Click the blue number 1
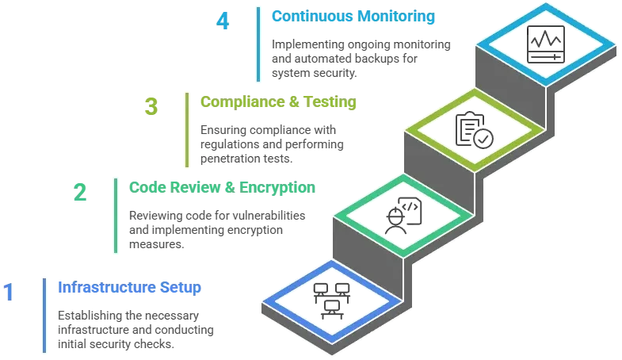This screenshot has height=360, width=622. (9, 293)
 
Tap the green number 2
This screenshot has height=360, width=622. (79, 193)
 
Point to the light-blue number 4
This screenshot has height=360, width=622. (224, 21)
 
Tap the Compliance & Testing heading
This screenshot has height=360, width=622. (278, 102)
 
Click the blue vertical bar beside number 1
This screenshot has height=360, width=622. (42, 316)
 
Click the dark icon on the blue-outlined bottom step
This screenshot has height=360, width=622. (330, 298)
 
